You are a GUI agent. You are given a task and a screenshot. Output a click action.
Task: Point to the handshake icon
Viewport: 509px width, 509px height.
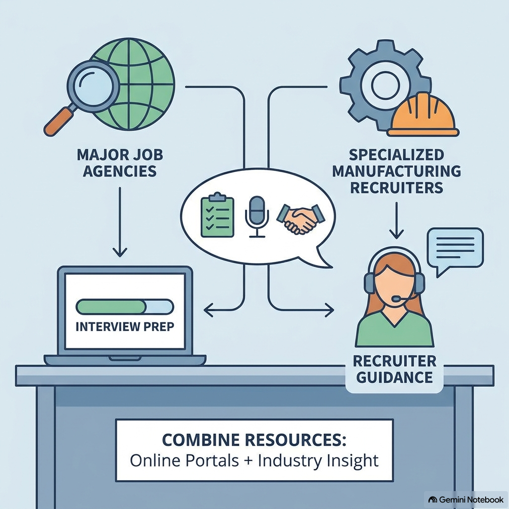coord(301,219)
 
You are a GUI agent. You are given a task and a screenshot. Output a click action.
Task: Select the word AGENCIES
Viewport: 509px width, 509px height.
coord(120,171)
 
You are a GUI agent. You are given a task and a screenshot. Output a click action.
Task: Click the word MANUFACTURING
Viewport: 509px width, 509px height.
coord(396,171)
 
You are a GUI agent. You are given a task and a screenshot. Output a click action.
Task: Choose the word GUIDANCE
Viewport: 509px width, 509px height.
coord(394,377)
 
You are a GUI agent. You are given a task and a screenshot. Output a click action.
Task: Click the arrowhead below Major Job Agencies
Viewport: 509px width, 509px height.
coord(120,252)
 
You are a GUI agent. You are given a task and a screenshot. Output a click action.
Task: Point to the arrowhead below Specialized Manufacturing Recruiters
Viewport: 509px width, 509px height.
coord(396,234)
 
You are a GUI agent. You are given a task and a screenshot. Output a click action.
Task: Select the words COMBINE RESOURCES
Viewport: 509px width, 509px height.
coord(254,440)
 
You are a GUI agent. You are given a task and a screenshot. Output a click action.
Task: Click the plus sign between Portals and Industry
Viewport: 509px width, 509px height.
coord(249,461)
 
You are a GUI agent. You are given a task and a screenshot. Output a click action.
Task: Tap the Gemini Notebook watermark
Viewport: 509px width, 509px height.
coord(466,499)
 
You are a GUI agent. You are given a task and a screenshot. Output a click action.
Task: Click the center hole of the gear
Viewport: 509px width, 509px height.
coord(384,85)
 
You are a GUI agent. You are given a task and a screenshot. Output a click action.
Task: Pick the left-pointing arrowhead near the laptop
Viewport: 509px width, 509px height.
coord(209,310)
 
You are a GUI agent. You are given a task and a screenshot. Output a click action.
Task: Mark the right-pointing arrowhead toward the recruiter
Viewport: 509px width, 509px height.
coord(330,310)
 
